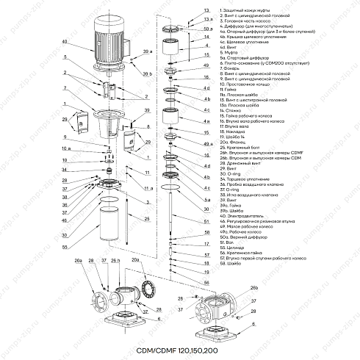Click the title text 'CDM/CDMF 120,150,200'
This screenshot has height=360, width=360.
[x=180, y=352]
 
